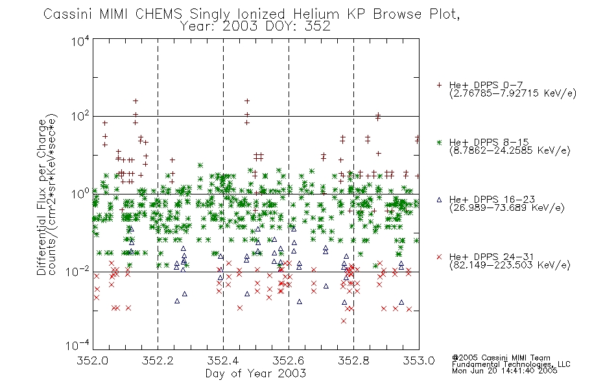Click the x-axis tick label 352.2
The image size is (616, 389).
158,360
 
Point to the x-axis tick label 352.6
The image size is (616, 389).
289,360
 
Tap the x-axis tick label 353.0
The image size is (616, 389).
419,360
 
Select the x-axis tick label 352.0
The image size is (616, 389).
92,360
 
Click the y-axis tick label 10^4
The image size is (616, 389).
80,41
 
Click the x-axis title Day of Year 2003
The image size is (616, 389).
255,373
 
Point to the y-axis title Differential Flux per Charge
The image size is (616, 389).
41,197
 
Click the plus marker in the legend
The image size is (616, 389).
439,85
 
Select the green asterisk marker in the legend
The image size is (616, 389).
439,142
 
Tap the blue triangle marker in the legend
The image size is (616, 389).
439,200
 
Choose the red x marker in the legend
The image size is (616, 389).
439,257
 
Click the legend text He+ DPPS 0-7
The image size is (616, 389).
486,86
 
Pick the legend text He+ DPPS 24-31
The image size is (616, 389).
492,257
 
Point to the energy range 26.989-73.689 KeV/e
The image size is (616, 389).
507,208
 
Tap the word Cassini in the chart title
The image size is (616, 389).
68,14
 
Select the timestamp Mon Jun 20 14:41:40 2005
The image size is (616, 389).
504,371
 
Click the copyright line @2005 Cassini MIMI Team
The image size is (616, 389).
501,358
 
